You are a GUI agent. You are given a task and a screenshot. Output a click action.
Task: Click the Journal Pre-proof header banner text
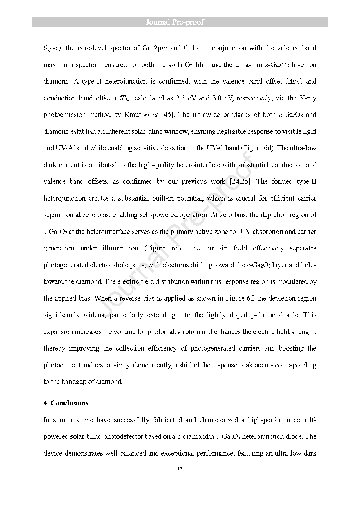pyautogui.click(x=175, y=22)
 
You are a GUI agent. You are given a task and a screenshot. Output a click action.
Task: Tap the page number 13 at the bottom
pyautogui.click(x=180, y=469)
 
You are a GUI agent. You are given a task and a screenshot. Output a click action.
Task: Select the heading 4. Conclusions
pyautogui.click(x=66, y=403)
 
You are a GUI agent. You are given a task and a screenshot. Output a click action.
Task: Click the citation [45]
pyautogui.click(x=168, y=115)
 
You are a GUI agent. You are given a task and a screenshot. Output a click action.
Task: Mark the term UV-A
pyautogui.click(x=63, y=148)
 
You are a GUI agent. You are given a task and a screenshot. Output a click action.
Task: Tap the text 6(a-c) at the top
pyautogui.click(x=52, y=48)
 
